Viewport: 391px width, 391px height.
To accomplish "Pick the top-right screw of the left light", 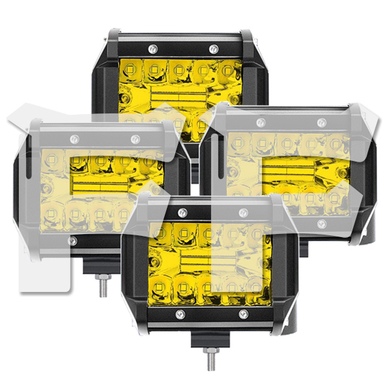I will point(135,139).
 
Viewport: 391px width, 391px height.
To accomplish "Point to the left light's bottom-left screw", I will point(72,240).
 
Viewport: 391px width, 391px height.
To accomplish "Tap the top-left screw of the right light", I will point(259,122).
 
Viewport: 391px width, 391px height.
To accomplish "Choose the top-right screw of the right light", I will point(320,122).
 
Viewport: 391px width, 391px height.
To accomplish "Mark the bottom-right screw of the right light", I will point(321,224).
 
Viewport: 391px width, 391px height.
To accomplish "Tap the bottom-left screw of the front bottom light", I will point(181,315).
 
